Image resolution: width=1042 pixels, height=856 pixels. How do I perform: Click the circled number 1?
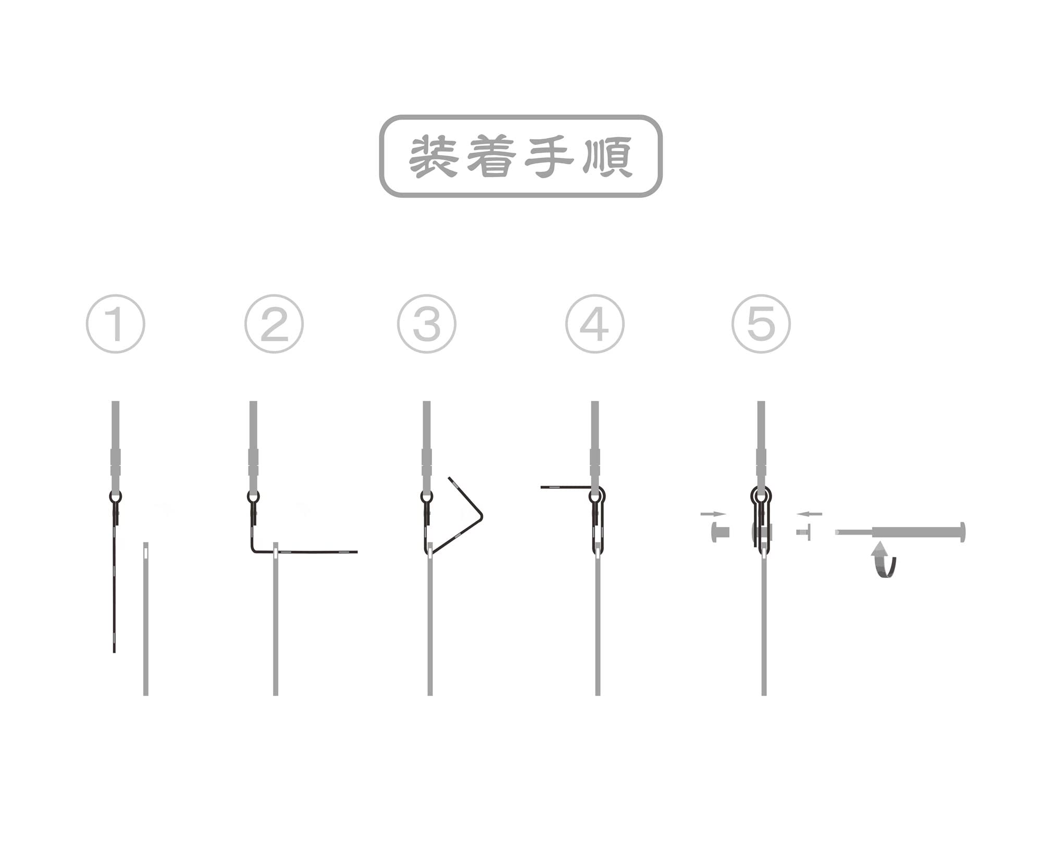coord(116,324)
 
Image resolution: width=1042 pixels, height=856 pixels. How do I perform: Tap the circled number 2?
coord(274,324)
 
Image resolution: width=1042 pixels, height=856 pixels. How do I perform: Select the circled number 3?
coord(427,324)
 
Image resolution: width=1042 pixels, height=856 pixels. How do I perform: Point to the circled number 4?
coord(595,324)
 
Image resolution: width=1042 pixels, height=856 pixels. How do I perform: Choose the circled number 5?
coord(761,324)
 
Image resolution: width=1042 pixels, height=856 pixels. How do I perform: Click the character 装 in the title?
coord(433,156)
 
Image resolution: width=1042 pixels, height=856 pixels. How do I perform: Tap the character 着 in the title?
coord(491,156)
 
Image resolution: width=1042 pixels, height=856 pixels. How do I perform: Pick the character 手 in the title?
coord(549,156)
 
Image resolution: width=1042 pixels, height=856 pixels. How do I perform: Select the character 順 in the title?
coord(607,156)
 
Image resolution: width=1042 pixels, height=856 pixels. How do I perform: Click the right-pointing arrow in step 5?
coord(713,514)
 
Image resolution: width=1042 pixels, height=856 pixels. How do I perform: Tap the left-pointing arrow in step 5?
coord(810,514)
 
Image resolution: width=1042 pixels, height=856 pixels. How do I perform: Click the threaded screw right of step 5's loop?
coord(803,532)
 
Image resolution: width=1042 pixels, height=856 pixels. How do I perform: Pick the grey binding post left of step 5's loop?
coord(720,532)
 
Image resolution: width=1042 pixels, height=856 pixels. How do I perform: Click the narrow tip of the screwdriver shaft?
coord(837,532)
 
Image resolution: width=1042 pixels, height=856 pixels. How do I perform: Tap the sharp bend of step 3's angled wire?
coord(481,516)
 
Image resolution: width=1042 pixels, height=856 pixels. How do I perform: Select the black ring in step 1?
coord(116,496)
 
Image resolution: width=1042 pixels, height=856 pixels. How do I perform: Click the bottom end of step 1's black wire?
coord(114,652)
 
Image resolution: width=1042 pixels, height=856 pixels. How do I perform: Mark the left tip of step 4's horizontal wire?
coord(541,487)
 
